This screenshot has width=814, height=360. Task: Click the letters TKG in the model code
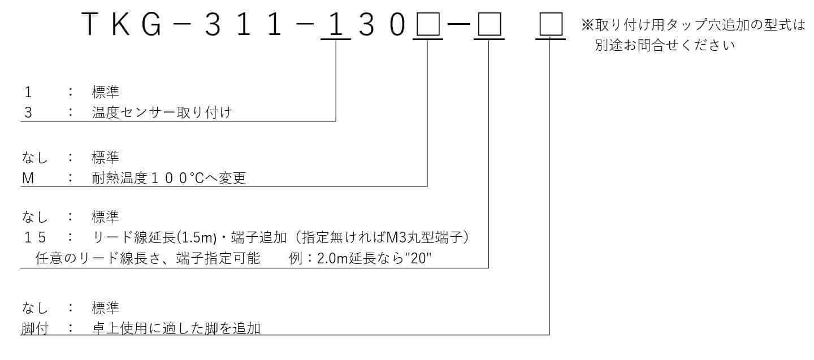pos(121,24)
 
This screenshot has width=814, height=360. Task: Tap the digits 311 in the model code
pos(244,24)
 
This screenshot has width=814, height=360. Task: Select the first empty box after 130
pos(428,24)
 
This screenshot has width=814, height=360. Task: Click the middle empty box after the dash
pos(490,24)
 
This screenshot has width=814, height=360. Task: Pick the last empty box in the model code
pos(551,24)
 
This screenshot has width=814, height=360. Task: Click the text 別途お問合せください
pos(665,45)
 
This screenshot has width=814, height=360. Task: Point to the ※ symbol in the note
pos(588,25)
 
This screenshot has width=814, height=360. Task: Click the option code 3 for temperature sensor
pos(28,112)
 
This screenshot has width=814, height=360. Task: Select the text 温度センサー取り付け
pos(162,112)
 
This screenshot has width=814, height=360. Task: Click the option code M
pos(28,178)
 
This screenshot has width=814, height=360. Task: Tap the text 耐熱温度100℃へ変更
pos(169,178)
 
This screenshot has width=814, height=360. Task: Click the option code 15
pos(35,237)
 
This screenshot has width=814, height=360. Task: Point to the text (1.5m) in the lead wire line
pos(197,237)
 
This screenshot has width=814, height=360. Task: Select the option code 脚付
pos(35,328)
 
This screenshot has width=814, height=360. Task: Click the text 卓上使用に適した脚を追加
pos(176,328)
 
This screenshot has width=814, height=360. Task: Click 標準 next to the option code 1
pos(105,92)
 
